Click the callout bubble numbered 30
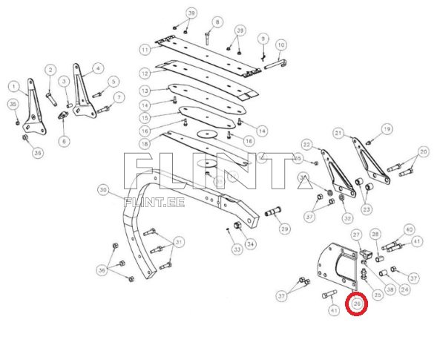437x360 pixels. pyautogui.click(x=103, y=189)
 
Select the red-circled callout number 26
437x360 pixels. pyautogui.click(x=358, y=303)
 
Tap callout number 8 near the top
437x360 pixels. pyautogui.click(x=217, y=22)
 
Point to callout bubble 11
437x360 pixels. pyautogui.click(x=145, y=49)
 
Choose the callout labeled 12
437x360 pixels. pyautogui.click(x=145, y=73)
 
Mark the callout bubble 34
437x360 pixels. pyautogui.click(x=250, y=243)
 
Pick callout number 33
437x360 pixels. pyautogui.click(x=236, y=249)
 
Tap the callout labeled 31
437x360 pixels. pyautogui.click(x=180, y=242)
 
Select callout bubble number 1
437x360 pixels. pyautogui.click(x=13, y=86)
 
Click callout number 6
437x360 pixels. pyautogui.click(x=64, y=140)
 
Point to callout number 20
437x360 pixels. pyautogui.click(x=423, y=151)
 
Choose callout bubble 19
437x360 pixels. pyautogui.click(x=387, y=130)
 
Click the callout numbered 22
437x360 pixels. pyautogui.click(x=306, y=144)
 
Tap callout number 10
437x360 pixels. pyautogui.click(x=281, y=45)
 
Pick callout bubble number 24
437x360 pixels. pyautogui.click(x=404, y=289)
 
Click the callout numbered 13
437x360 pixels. pyautogui.click(x=145, y=90)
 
